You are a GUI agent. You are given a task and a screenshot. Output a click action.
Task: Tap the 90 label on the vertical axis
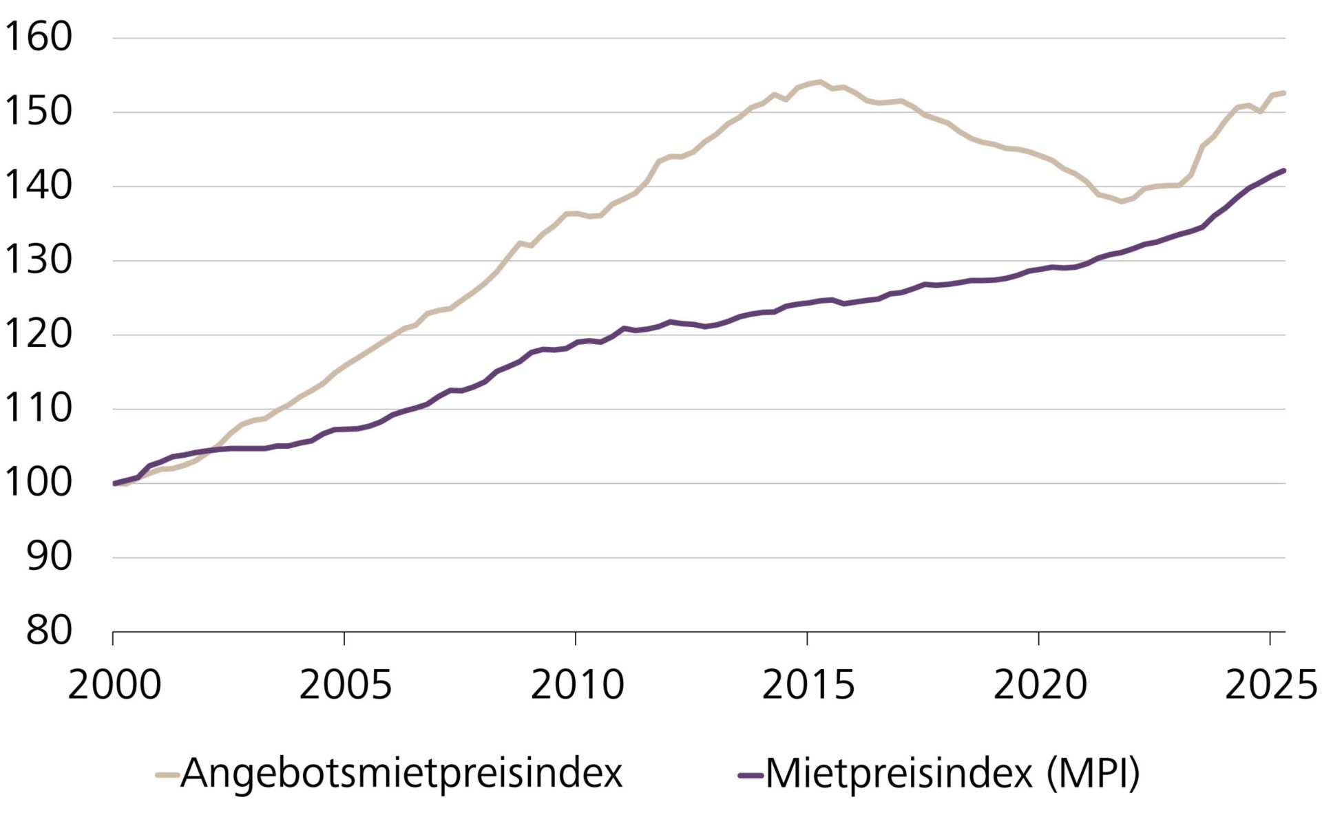pos(48,558)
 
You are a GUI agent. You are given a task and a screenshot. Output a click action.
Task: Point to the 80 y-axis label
pos(48,631)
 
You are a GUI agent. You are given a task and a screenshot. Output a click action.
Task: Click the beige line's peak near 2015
pos(819,81)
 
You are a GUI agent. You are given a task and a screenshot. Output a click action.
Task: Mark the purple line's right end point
pos(1284,170)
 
